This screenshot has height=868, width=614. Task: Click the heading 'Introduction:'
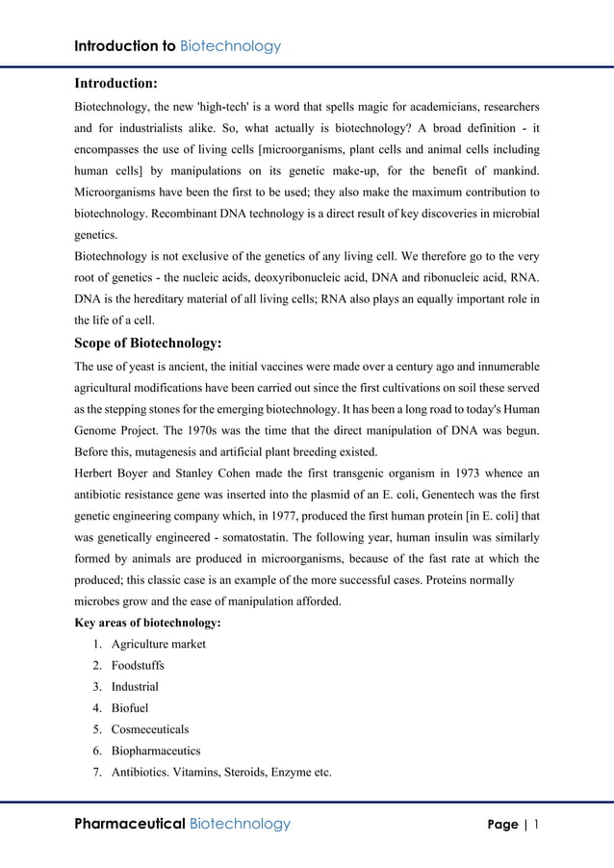(116, 84)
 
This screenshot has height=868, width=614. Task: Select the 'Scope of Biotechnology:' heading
(148, 343)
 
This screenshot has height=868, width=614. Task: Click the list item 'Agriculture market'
(158, 644)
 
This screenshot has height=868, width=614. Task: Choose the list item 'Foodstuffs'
(138, 665)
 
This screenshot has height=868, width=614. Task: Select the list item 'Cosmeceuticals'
(150, 729)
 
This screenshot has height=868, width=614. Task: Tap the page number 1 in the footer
(536, 824)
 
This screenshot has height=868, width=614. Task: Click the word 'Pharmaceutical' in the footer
(130, 824)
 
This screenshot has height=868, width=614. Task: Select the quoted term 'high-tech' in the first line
(219, 106)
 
